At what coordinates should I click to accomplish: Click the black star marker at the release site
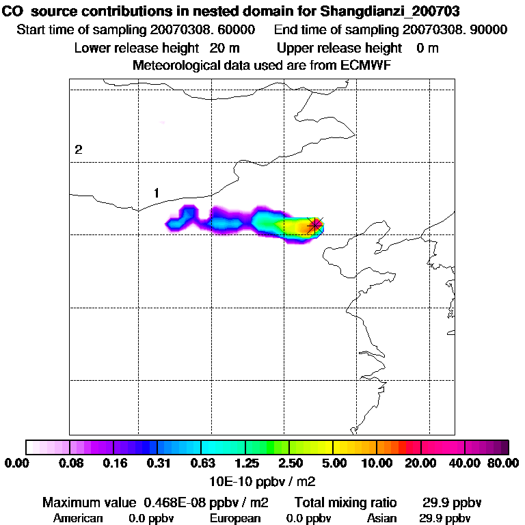pyautogui.click(x=314, y=224)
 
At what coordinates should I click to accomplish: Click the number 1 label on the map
pyautogui.click(x=157, y=193)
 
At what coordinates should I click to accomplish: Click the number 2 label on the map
pyautogui.click(x=79, y=150)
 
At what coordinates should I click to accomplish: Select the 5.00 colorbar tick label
pyautogui.click(x=332, y=463)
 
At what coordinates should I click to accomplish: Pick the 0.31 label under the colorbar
pyautogui.click(x=158, y=463)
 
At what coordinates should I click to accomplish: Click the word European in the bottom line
pyautogui.click(x=235, y=518)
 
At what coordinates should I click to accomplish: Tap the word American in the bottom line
pyautogui.click(x=78, y=518)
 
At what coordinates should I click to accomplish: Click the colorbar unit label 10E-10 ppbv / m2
pyautogui.click(x=262, y=480)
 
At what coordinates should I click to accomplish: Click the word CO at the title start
pyautogui.click(x=14, y=12)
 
